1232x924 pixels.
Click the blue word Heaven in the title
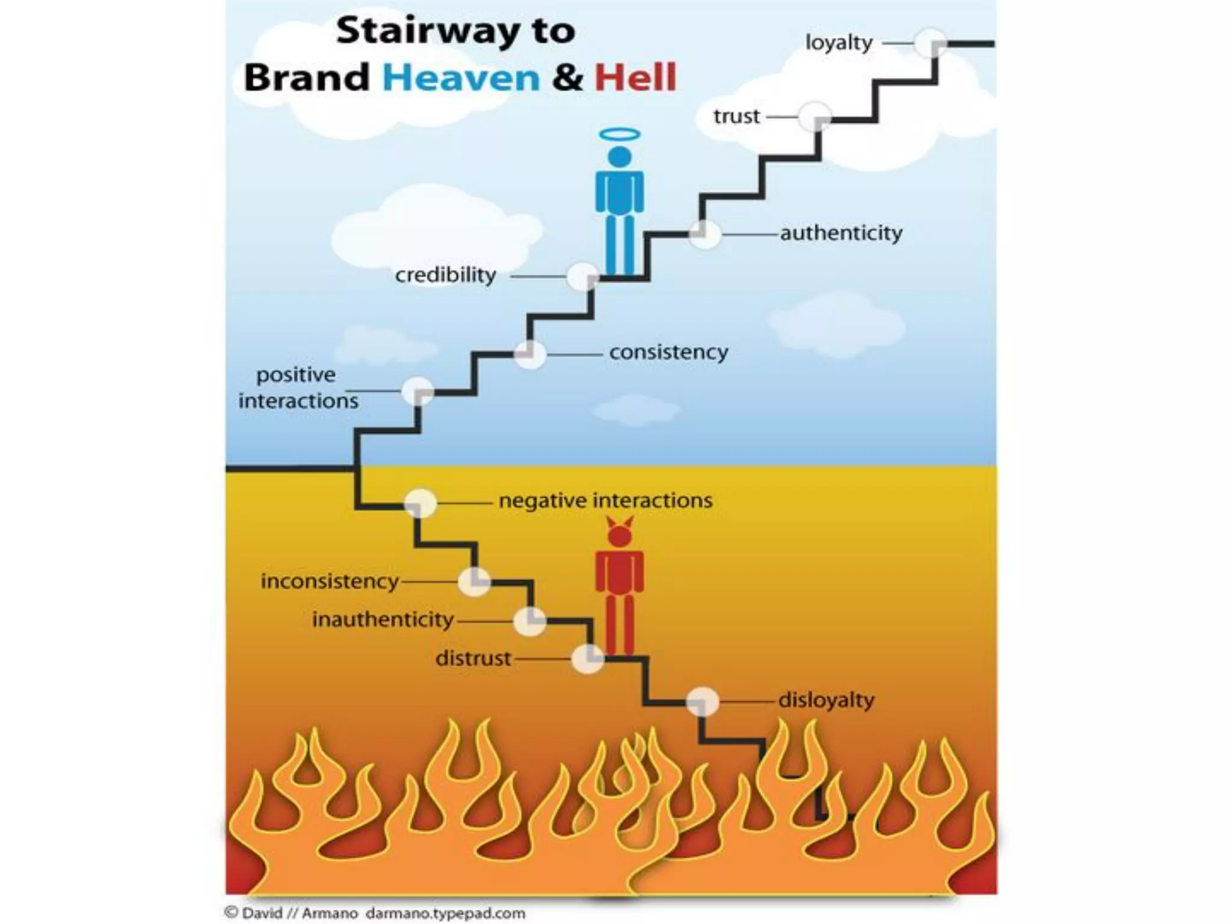click(x=461, y=78)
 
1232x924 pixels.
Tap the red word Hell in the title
click(x=635, y=78)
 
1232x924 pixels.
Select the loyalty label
click(x=839, y=43)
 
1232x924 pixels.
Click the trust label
click(x=736, y=115)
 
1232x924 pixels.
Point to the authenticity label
click(x=841, y=233)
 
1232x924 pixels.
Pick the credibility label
click(x=445, y=276)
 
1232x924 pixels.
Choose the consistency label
click(x=668, y=352)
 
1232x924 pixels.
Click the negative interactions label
click(x=605, y=500)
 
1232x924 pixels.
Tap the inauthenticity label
click(x=383, y=620)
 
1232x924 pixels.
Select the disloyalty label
click(x=826, y=700)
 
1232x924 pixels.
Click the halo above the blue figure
click(x=620, y=135)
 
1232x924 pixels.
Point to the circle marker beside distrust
click(x=587, y=659)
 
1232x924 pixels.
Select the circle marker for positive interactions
click(x=417, y=392)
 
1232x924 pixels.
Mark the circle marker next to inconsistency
click(x=474, y=582)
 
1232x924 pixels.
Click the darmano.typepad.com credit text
click(x=445, y=913)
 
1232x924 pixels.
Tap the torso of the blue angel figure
click(x=620, y=191)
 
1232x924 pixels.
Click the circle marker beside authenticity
click(x=704, y=233)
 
